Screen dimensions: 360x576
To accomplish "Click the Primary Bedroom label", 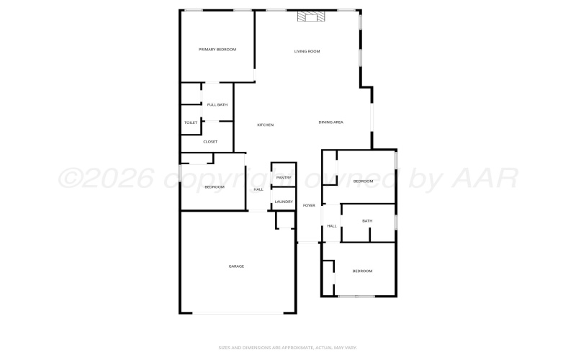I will coord(217,49).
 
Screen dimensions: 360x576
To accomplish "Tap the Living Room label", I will coord(307,51).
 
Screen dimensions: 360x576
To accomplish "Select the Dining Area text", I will coord(330,122).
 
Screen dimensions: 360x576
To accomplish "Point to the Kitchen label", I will coord(266,125).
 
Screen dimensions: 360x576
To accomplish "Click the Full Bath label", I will coord(217,105).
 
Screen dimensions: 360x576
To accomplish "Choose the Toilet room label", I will coord(191,122).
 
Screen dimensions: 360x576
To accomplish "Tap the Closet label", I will coord(210,142).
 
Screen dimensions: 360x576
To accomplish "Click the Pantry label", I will coord(284,177).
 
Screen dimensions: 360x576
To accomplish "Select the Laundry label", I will coord(284,202).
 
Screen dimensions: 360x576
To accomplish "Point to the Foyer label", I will coord(309,205).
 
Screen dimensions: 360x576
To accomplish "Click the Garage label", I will coord(236,266).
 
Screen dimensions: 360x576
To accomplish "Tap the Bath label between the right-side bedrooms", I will coord(367,221).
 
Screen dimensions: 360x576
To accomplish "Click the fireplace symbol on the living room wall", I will coord(311,17).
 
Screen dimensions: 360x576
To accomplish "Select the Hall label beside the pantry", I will coord(258,189).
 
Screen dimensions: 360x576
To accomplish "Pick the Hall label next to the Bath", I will coord(332,226).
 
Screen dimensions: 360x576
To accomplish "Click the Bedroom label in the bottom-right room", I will coord(362,271).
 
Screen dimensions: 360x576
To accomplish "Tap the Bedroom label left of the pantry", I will coord(215,187).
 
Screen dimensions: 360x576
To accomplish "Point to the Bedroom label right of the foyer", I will coord(363,181).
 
